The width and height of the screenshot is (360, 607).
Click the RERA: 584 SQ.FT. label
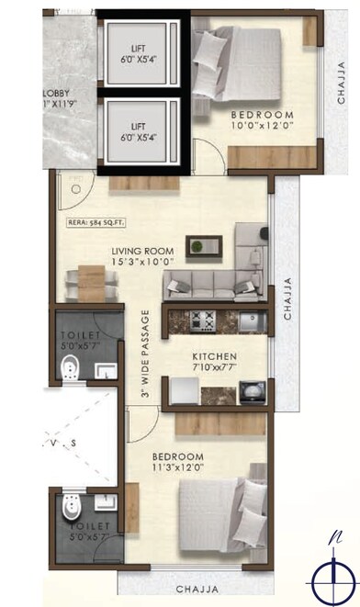click(95, 221)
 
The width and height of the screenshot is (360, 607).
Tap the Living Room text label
click(142, 250)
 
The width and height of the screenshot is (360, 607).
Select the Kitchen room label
click(214, 355)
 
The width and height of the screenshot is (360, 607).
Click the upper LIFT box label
click(139, 52)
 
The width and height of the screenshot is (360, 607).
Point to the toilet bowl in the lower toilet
click(67, 507)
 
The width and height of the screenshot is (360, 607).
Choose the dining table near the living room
click(90, 277)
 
